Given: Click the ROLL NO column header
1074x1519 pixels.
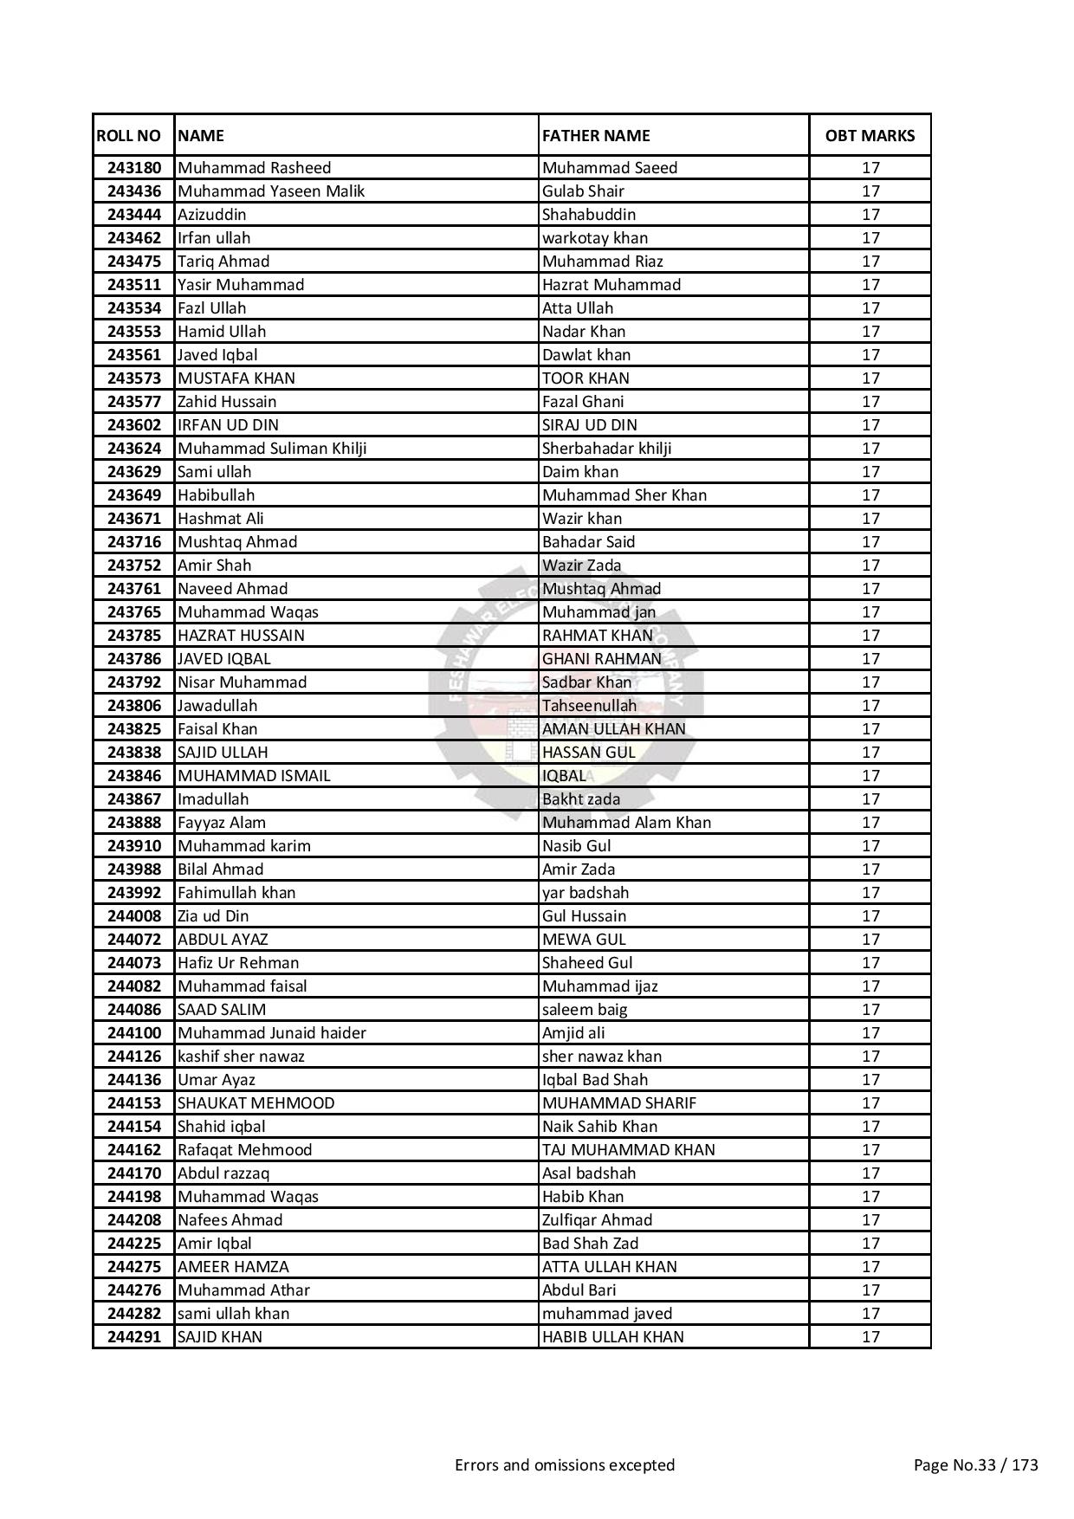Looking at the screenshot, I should (128, 135).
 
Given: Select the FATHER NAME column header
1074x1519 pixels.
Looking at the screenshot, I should (596, 135).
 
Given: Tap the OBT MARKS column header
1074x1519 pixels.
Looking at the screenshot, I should (870, 135).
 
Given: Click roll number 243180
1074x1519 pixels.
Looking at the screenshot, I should (133, 168).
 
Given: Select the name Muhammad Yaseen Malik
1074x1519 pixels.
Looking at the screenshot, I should (271, 191).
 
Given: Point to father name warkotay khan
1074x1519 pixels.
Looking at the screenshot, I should (595, 238).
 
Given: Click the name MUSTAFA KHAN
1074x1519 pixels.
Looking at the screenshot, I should (236, 378).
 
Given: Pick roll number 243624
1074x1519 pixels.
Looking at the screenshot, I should (133, 449).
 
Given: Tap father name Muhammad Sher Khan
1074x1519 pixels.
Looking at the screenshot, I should (624, 495).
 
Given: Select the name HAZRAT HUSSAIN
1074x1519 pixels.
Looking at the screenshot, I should (241, 636).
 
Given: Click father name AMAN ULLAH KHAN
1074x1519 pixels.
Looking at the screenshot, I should (613, 729).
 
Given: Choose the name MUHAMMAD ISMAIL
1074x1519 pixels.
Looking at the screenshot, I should (254, 776).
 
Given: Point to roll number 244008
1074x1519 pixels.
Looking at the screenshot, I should (133, 916).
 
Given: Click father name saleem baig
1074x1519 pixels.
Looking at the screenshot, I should (585, 1010).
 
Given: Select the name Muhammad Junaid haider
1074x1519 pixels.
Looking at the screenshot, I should (272, 1033).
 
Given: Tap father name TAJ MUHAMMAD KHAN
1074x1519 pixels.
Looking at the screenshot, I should (629, 1150).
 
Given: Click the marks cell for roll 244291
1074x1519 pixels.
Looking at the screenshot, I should (870, 1337).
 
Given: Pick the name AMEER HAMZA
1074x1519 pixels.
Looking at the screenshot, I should (233, 1267).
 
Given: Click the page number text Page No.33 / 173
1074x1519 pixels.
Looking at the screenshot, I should (976, 1465).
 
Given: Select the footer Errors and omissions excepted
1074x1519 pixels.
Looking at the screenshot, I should (565, 1465).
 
